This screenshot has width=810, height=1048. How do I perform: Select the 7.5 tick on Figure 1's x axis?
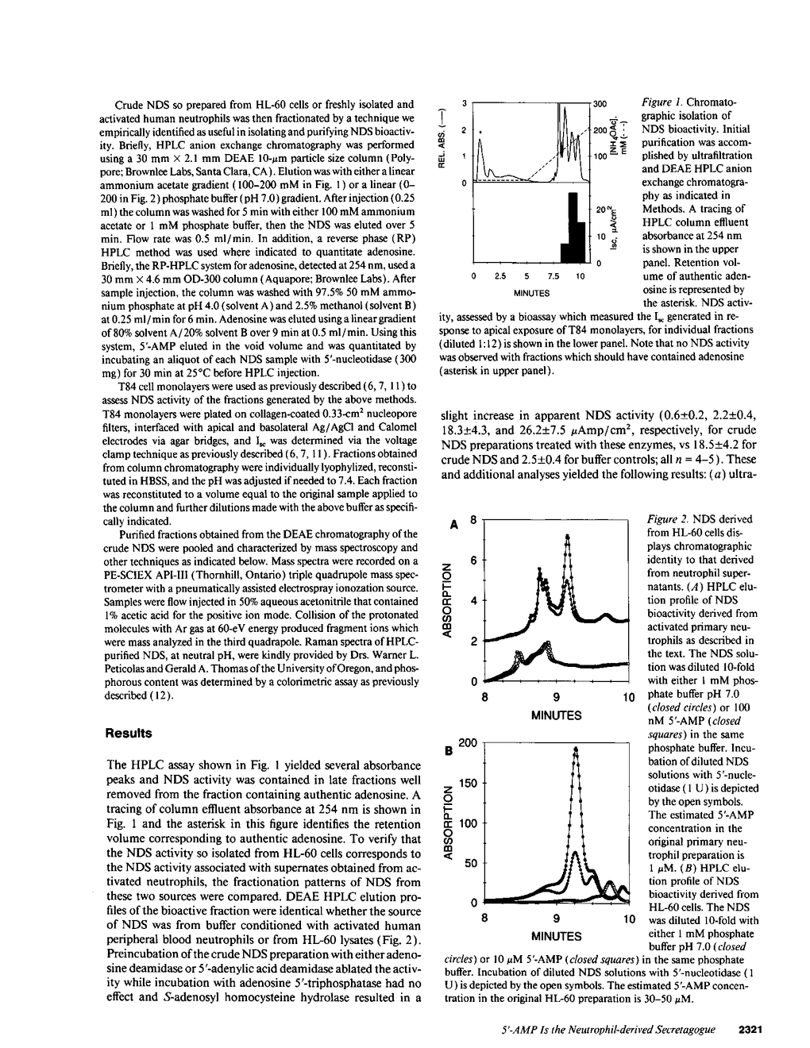click(x=554, y=277)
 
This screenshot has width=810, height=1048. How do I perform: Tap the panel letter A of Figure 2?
click(x=454, y=525)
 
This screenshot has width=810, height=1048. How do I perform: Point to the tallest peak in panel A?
click(x=567, y=537)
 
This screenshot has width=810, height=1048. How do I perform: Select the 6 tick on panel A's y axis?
click(x=472, y=561)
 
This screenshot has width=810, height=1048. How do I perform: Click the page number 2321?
click(x=750, y=1030)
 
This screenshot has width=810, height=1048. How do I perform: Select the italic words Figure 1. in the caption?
click(x=661, y=103)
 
